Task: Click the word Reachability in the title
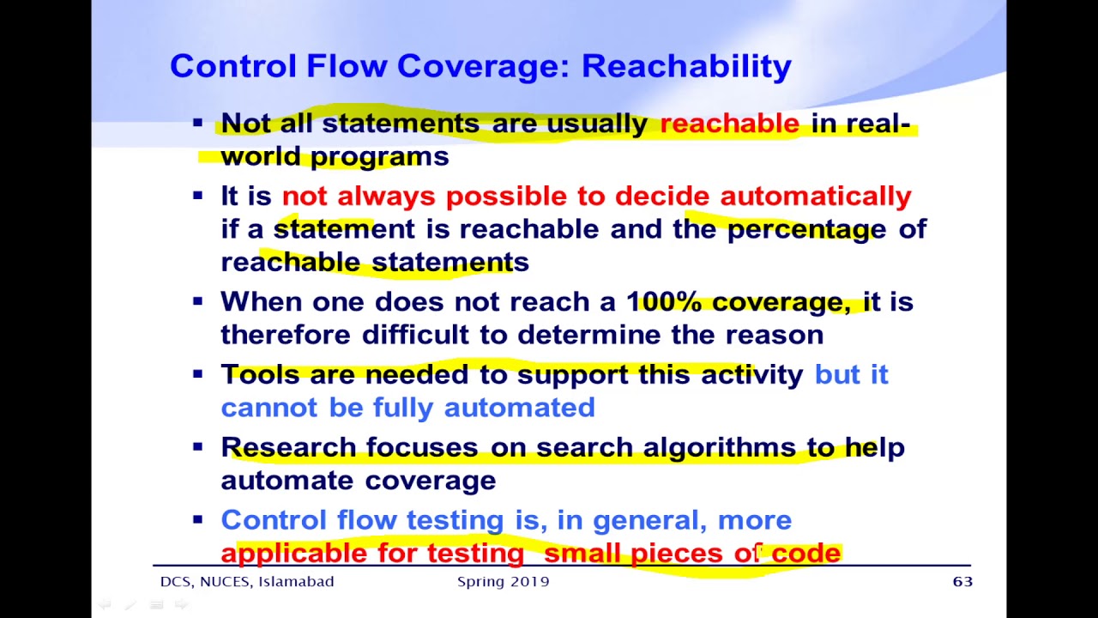coord(686,67)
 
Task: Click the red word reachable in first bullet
coord(729,124)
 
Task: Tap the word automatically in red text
coord(815,197)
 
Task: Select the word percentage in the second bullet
coord(806,230)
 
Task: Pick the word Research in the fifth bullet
coord(288,447)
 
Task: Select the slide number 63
coord(962,582)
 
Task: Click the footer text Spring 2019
coord(503,582)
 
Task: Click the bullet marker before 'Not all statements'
coord(198,123)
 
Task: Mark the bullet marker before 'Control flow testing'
coord(198,519)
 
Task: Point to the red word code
coord(805,554)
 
